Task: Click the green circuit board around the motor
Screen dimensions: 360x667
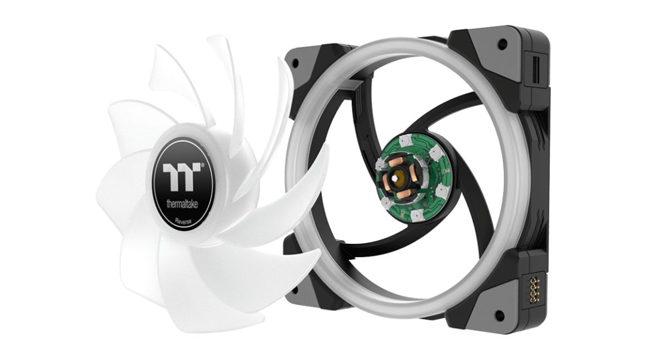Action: [431, 162]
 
